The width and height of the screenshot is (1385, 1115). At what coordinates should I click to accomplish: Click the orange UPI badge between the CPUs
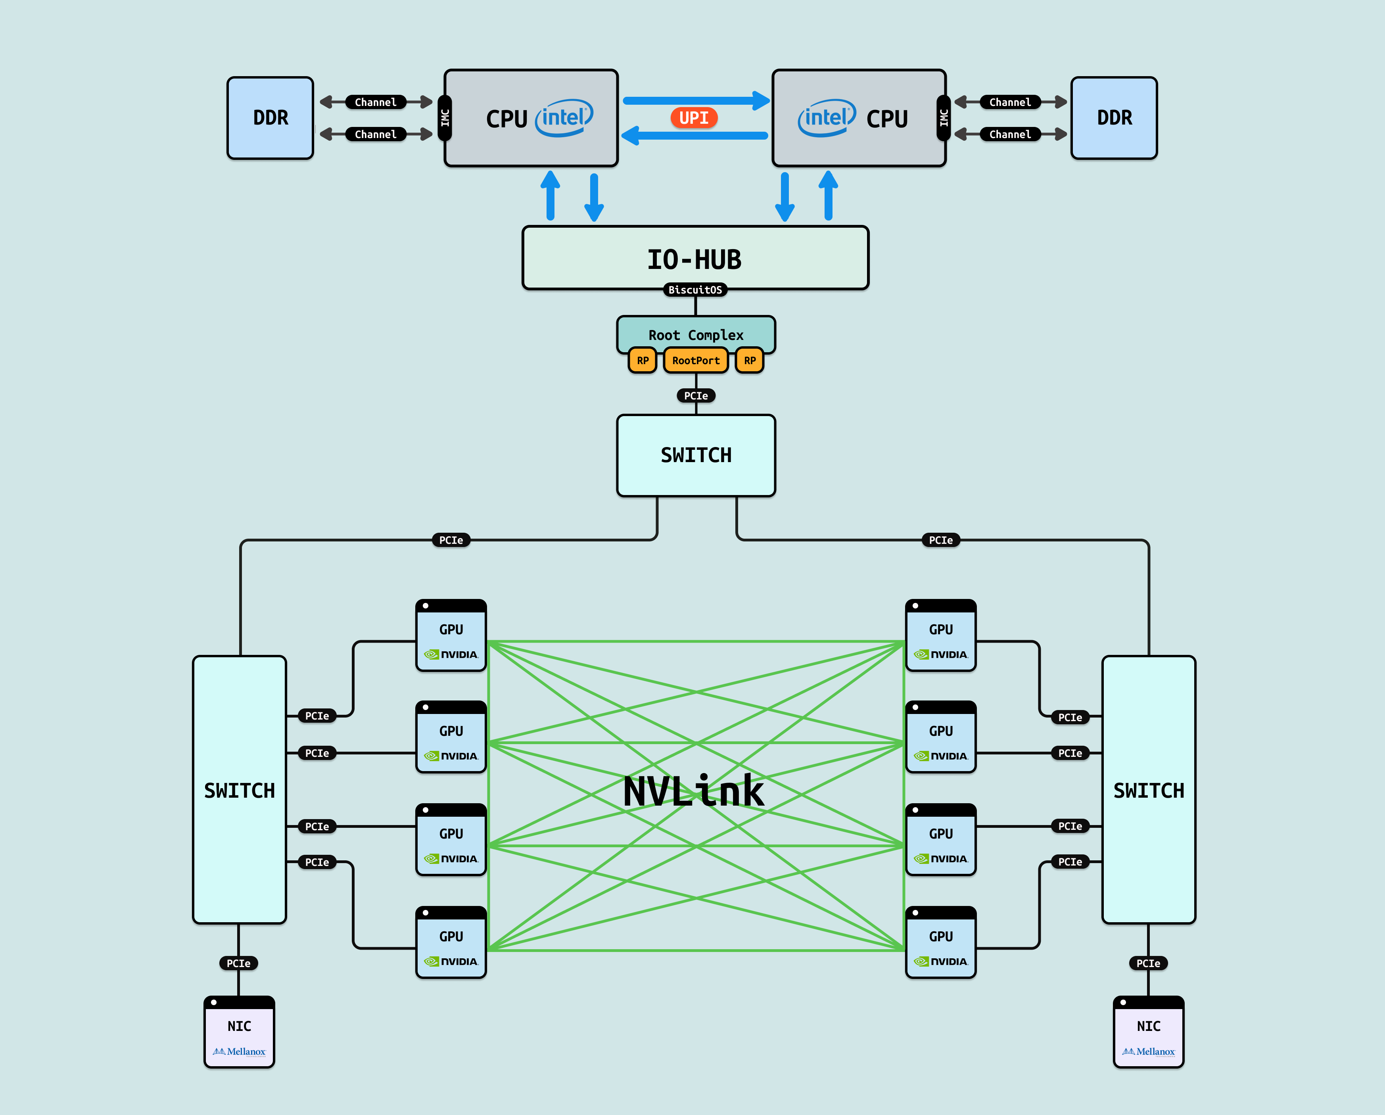(x=694, y=117)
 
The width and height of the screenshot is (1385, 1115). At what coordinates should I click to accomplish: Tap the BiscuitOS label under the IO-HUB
(x=695, y=290)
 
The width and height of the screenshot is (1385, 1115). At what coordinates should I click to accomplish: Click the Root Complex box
(x=696, y=334)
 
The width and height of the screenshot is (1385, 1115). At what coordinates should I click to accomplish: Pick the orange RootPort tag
(x=696, y=360)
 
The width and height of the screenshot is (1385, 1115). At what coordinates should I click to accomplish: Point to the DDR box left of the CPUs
(x=270, y=117)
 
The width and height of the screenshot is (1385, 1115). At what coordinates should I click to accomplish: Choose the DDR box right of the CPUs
(x=1114, y=117)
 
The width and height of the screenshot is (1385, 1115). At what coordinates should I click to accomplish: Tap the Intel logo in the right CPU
(x=827, y=117)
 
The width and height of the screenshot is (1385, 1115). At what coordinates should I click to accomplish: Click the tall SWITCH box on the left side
(x=239, y=789)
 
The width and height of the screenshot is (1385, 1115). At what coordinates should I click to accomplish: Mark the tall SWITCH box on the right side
(x=1149, y=789)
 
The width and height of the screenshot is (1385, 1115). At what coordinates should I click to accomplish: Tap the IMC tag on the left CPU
(x=445, y=117)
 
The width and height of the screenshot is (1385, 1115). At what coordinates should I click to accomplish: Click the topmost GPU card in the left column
(x=451, y=636)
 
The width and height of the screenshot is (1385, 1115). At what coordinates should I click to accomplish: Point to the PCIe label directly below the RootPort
(x=696, y=395)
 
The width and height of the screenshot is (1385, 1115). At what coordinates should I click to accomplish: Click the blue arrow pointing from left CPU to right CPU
(x=696, y=100)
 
